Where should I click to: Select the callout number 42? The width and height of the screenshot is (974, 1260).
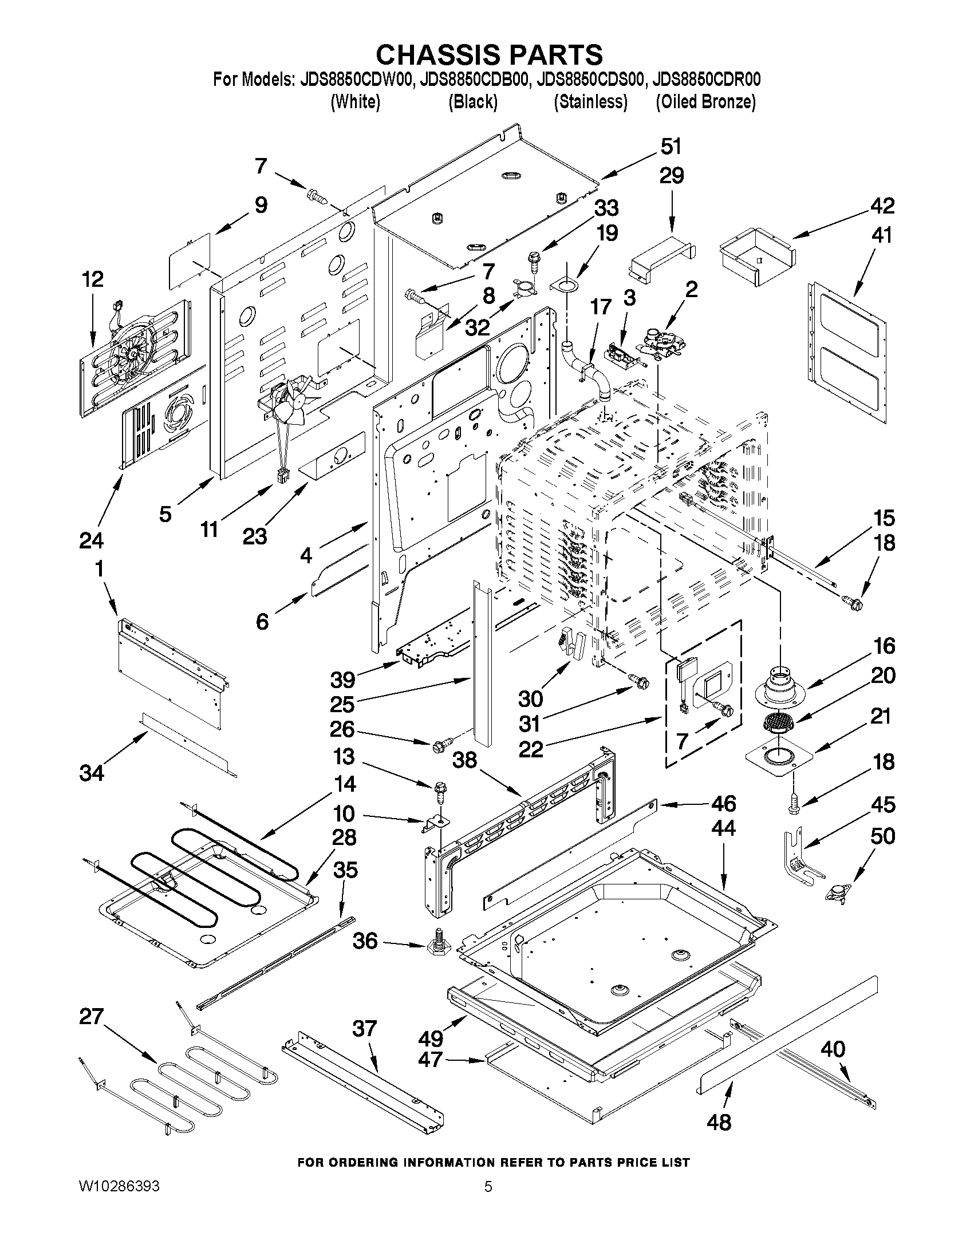882,206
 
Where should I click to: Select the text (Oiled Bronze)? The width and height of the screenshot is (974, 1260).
705,102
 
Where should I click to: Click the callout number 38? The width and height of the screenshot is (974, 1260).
464,760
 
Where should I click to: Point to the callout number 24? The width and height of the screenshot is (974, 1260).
91,540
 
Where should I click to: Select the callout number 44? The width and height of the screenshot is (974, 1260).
724,828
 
